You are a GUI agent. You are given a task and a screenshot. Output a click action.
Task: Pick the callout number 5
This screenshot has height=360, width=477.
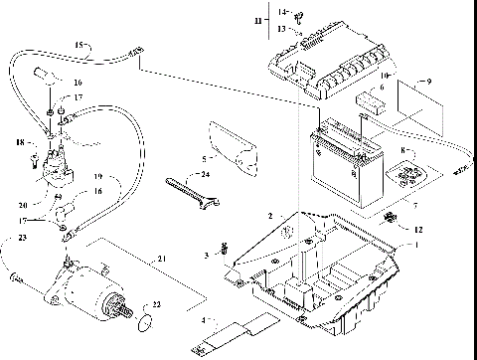(204, 158)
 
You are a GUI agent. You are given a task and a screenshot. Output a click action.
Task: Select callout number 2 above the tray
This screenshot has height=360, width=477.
(269, 215)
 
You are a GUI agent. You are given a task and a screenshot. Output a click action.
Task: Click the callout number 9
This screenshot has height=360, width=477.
(428, 81)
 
